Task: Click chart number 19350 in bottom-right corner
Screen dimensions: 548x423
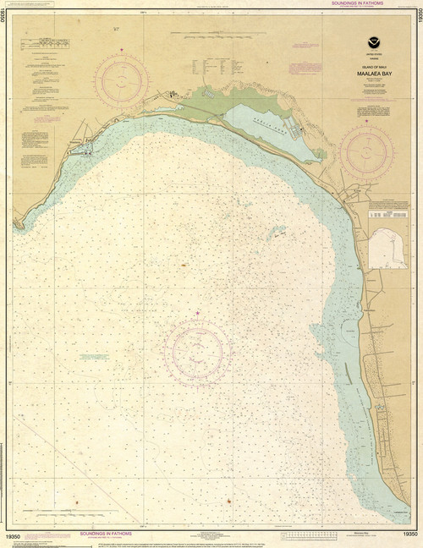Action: click(x=409, y=535)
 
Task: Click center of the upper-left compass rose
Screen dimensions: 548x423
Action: click(x=122, y=81)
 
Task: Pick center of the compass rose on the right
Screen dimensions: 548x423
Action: click(x=366, y=152)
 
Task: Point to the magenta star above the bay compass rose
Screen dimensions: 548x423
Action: click(x=198, y=314)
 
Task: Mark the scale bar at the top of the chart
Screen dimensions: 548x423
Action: click(x=211, y=35)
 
